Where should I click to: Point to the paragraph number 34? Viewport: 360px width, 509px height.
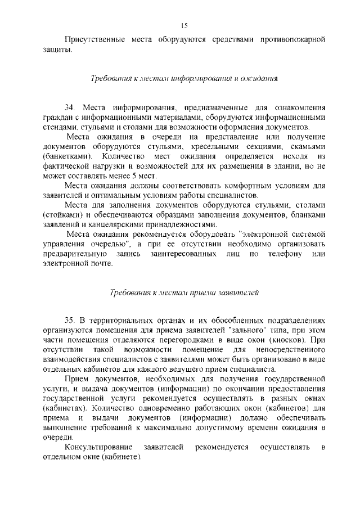point(70,107)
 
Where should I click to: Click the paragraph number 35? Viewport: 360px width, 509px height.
point(70,319)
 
